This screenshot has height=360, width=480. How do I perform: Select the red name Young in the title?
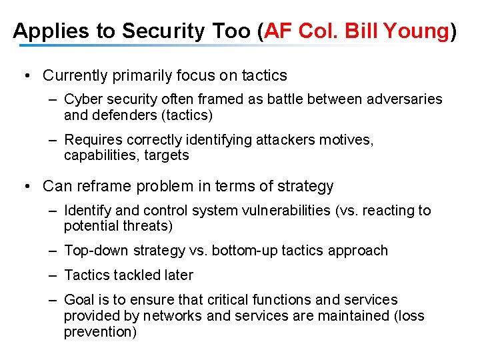pos(417,31)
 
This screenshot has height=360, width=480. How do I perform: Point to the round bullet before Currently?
pos(26,75)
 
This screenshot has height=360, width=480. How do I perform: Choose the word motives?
pos(349,140)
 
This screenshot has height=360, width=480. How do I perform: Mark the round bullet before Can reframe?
pos(26,186)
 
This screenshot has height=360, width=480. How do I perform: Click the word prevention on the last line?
pos(100,331)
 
